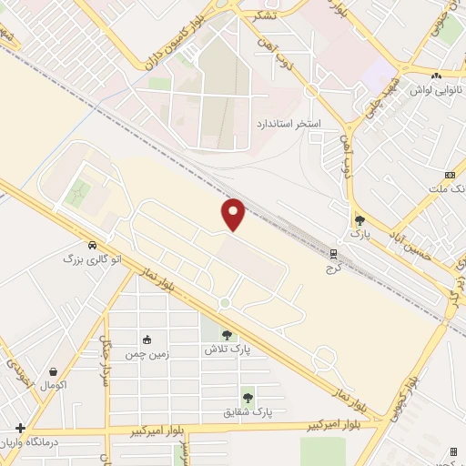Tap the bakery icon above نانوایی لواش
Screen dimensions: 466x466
[435, 76]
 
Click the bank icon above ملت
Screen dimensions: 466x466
[450, 175]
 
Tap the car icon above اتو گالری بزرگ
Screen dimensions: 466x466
[93, 244]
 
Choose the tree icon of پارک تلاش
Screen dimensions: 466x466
[228, 335]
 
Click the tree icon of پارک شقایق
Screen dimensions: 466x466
[248, 398]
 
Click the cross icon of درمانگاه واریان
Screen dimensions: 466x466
[20, 428]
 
